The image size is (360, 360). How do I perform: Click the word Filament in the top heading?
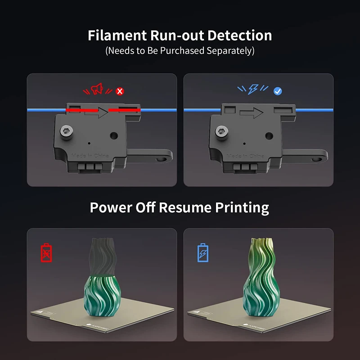[x=117, y=36]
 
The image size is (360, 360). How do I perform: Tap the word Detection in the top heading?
[x=239, y=36]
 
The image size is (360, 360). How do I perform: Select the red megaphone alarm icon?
[x=97, y=89]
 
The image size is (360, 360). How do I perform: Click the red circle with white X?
[x=120, y=91]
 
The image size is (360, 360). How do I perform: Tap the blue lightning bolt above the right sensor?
[x=253, y=89]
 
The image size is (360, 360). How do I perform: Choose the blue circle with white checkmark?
[x=278, y=91]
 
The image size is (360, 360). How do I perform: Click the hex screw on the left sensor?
[x=67, y=132]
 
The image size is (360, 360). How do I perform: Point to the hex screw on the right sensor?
[x=221, y=132]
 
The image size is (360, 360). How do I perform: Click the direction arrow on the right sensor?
[x=251, y=113]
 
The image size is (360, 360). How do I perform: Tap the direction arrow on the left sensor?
[x=96, y=112]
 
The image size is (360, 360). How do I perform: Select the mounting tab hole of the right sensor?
[x=316, y=159]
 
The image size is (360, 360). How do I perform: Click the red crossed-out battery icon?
[x=46, y=252]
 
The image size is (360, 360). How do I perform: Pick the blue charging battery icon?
[x=203, y=252]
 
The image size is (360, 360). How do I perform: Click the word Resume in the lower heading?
[x=185, y=207]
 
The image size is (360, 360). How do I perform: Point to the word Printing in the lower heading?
[x=242, y=208]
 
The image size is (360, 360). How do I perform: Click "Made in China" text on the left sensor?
[x=90, y=156]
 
